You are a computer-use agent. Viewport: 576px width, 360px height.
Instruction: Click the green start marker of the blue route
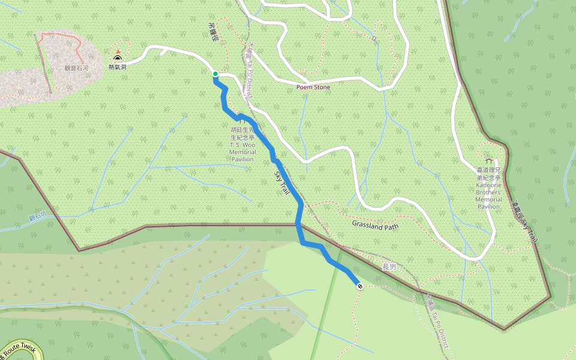tap(215, 74)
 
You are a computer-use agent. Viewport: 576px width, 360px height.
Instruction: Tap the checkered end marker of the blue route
tap(359, 286)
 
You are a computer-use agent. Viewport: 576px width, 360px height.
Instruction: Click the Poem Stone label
tap(313, 87)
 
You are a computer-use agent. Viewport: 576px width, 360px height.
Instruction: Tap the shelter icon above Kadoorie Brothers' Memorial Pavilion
tap(490, 161)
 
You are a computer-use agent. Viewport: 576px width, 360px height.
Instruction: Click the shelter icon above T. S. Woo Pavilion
tap(242, 122)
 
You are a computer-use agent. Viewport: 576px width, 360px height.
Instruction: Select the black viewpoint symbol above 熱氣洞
tap(118, 59)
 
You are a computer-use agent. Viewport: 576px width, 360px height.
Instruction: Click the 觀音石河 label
tap(76, 68)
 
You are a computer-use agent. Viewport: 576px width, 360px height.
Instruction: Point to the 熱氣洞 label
tap(118, 67)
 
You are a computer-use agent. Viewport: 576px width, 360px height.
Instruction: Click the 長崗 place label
tap(389, 266)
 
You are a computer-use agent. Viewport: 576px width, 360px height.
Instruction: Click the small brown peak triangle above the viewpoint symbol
tap(118, 51)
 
